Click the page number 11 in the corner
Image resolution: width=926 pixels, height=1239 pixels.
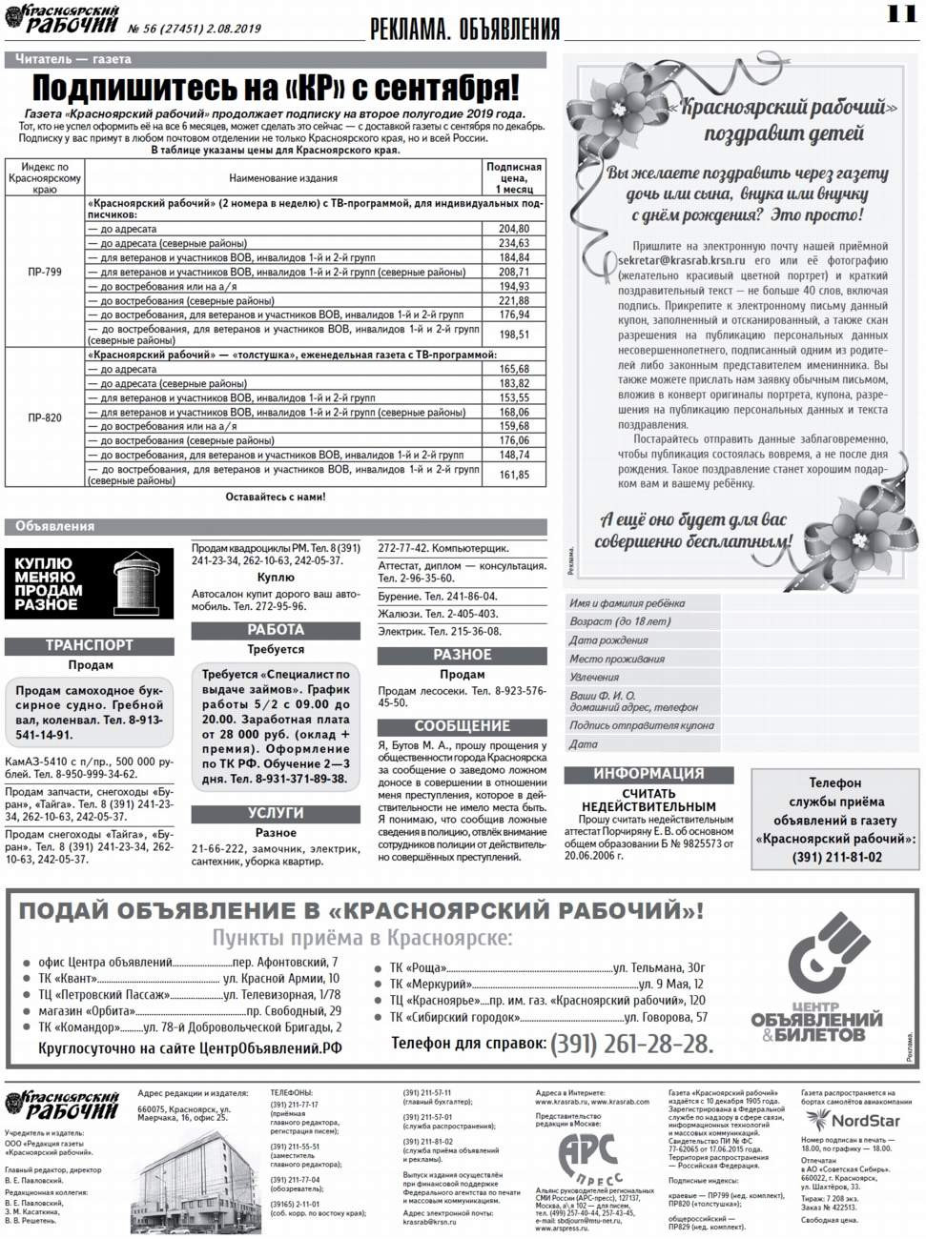899,13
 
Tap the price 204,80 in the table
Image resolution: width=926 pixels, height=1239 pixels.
513,229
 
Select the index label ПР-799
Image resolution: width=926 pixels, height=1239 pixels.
45,272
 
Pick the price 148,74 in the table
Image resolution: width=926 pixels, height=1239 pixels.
513,455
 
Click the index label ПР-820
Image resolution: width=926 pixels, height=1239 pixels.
45,417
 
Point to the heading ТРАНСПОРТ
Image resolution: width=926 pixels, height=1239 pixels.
90,645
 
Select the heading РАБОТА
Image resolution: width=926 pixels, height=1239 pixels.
276,630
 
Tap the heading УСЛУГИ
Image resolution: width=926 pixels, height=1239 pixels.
276,813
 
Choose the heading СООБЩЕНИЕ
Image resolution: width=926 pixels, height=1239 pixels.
462,726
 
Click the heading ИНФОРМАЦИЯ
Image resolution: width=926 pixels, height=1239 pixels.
648,774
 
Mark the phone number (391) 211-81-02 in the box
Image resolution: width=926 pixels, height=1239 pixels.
836,857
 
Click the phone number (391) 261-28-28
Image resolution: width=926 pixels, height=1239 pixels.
631,1044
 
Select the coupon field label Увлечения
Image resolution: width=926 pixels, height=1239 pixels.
594,677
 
